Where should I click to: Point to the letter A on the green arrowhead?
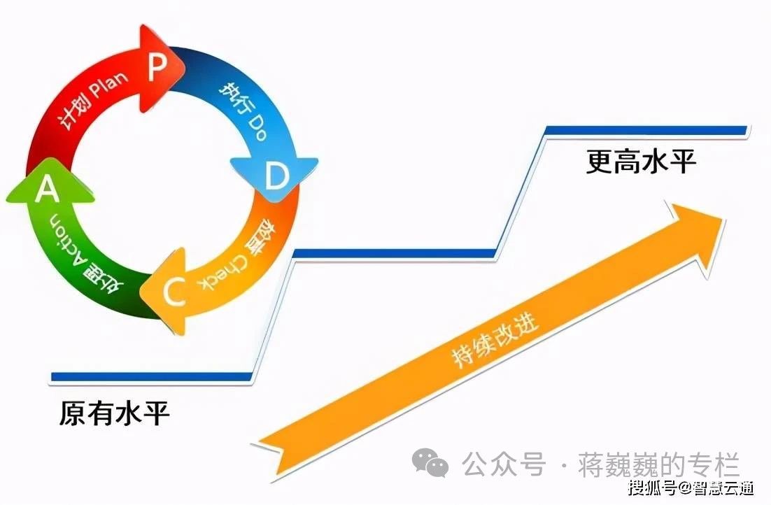click(x=47, y=189)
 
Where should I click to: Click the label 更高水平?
click(x=641, y=163)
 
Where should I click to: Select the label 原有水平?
click(x=114, y=413)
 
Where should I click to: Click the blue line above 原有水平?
click(x=150, y=376)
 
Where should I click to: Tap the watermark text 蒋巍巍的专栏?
click(x=659, y=464)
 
